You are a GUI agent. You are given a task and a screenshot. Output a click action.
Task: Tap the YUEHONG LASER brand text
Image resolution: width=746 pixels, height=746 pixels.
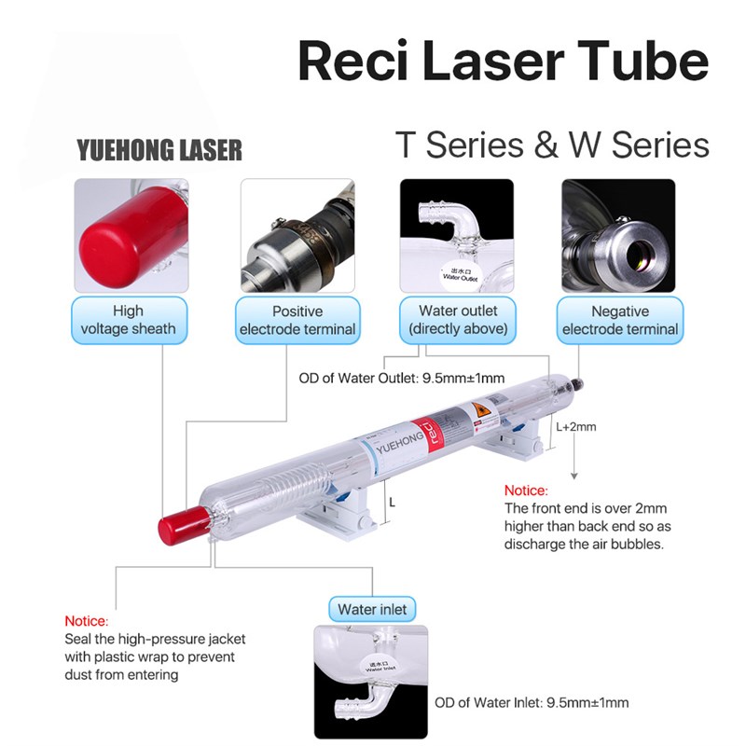point(159,149)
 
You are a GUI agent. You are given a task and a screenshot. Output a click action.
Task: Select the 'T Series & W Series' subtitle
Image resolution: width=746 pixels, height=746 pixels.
point(552,145)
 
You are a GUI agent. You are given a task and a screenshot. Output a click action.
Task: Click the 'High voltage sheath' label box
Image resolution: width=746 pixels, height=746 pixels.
point(128,320)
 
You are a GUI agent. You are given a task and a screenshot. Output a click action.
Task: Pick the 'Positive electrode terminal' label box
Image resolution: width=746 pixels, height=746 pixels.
point(297,320)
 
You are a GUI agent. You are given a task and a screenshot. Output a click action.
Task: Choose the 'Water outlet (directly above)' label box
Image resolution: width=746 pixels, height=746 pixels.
point(458,320)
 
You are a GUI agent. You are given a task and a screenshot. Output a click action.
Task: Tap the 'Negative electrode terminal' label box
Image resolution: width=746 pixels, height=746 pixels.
point(619,320)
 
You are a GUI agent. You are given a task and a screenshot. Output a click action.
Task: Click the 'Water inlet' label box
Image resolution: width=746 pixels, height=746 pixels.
point(372,610)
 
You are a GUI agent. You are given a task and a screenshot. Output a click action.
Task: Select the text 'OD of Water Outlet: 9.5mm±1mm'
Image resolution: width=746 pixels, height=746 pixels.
point(402,379)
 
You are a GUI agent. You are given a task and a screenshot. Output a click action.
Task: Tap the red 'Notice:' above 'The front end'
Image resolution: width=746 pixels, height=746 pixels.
point(526,490)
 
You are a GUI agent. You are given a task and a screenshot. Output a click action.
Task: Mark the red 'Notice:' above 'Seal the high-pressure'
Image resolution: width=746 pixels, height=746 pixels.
point(87,621)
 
